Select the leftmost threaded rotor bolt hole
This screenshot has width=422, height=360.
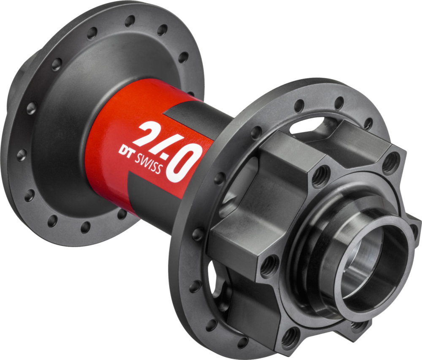coord(267,265)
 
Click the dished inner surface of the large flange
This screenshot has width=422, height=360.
coord(63,127)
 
